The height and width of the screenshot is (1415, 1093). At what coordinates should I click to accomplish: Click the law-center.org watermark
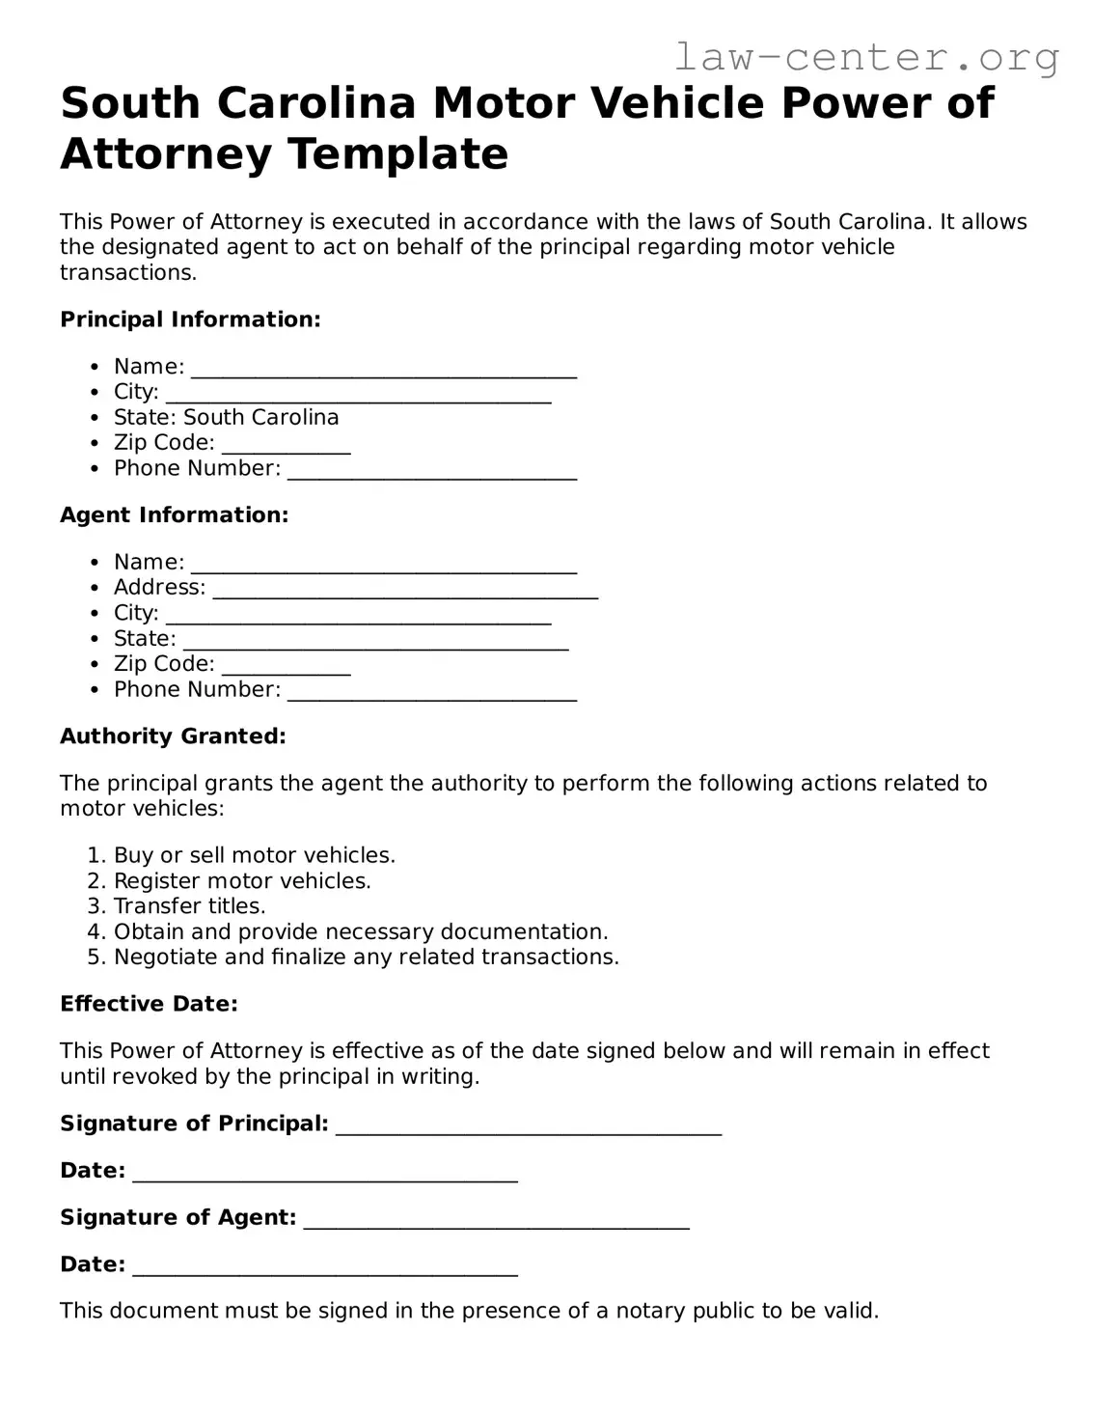click(x=865, y=58)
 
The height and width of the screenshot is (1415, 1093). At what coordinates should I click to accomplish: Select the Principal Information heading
click(x=190, y=319)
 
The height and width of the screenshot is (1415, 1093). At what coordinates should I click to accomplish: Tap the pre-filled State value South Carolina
click(x=260, y=417)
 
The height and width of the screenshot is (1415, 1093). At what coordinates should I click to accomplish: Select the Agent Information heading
click(x=175, y=514)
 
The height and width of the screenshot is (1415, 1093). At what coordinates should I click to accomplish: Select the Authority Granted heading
click(x=173, y=736)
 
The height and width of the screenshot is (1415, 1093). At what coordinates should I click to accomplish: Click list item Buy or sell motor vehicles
click(x=255, y=855)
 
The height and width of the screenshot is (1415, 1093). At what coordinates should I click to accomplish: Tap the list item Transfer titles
click(x=189, y=906)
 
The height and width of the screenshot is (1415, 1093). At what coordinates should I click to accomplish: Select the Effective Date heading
click(x=149, y=1004)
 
